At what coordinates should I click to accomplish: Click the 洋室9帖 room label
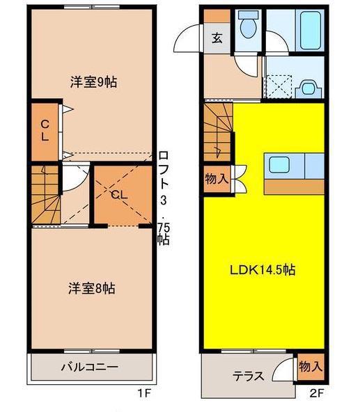(x=93, y=82)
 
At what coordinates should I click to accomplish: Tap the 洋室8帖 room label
(x=92, y=289)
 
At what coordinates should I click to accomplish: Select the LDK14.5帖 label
(x=263, y=270)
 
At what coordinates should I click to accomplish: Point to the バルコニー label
(x=90, y=367)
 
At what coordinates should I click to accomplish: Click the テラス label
(x=249, y=377)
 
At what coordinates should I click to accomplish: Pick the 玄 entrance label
(x=217, y=38)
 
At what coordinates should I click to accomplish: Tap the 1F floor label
(x=144, y=393)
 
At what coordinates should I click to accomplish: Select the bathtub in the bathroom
(x=311, y=30)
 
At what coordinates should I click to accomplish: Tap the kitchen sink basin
(x=279, y=165)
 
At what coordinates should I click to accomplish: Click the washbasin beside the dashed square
(x=308, y=88)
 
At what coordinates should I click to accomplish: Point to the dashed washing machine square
(x=279, y=87)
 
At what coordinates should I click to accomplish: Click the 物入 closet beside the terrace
(x=311, y=366)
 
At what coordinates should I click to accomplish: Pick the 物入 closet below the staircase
(x=217, y=179)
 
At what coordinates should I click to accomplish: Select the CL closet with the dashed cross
(x=123, y=194)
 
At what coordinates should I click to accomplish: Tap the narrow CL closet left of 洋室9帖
(x=45, y=132)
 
